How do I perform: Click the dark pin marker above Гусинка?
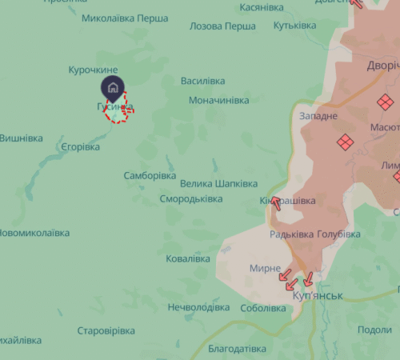[x=112, y=86]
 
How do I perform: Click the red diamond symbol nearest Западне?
[x=344, y=142]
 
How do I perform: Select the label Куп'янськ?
[x=318, y=296]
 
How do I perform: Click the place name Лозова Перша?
[x=222, y=26]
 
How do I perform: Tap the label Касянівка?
[x=262, y=7]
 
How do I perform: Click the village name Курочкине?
[x=94, y=70]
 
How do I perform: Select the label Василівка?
[x=203, y=81]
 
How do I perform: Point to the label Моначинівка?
[x=218, y=100]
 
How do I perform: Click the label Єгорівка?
[x=80, y=147]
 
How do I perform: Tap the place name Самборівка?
[x=150, y=175]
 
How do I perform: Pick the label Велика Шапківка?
[x=218, y=183]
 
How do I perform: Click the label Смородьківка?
[x=190, y=198]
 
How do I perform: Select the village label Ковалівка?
[x=188, y=258]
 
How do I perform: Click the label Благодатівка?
[x=237, y=349]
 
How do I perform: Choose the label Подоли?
[x=374, y=330]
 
